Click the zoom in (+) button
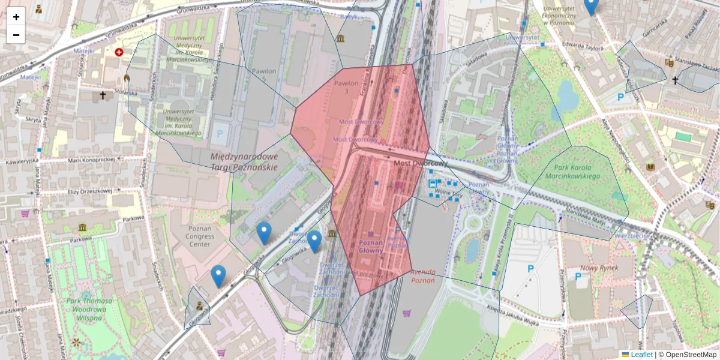click(16, 16)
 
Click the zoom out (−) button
click(16, 35)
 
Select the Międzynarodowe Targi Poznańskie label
click(244, 161)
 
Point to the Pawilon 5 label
click(264, 75)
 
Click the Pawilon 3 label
click(346, 86)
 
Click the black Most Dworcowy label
click(421, 163)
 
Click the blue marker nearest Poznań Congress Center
click(218, 276)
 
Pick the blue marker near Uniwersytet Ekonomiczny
click(591, 6)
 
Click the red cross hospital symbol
click(119, 52)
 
